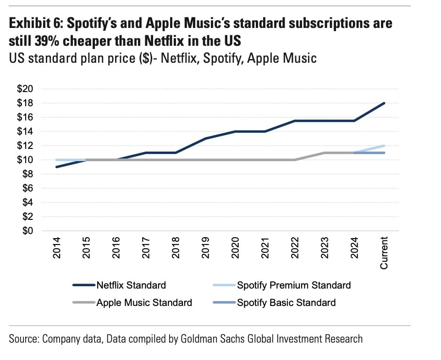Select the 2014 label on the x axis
[57, 248]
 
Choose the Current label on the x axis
[384, 252]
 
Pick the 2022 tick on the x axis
[295, 248]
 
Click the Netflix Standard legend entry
[131, 285]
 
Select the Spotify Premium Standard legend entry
[293, 285]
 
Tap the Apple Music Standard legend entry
[144, 303]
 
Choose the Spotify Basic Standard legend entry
[286, 303]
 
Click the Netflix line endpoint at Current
[384, 103]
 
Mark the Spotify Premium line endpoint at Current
[384, 146]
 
